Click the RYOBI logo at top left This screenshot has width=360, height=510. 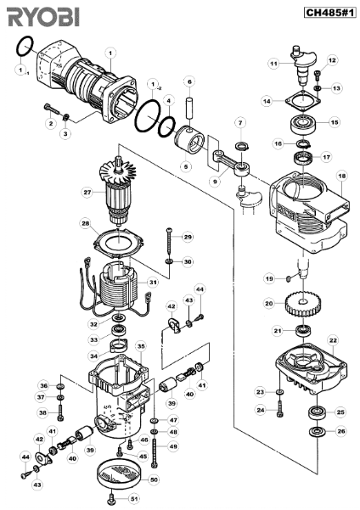[43, 17]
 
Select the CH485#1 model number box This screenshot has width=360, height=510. [330, 13]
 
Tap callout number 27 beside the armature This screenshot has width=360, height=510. [87, 193]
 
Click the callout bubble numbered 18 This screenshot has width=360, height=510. [342, 176]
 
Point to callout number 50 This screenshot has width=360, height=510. [155, 479]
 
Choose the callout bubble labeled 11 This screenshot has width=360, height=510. [274, 64]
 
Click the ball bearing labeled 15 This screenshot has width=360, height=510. [303, 123]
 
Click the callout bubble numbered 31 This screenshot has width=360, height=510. [153, 282]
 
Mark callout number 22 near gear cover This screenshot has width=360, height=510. [333, 340]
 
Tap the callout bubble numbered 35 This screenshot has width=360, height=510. [141, 346]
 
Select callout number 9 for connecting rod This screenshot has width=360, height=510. [215, 182]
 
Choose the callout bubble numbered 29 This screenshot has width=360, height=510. [188, 237]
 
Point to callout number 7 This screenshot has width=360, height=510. [240, 123]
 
